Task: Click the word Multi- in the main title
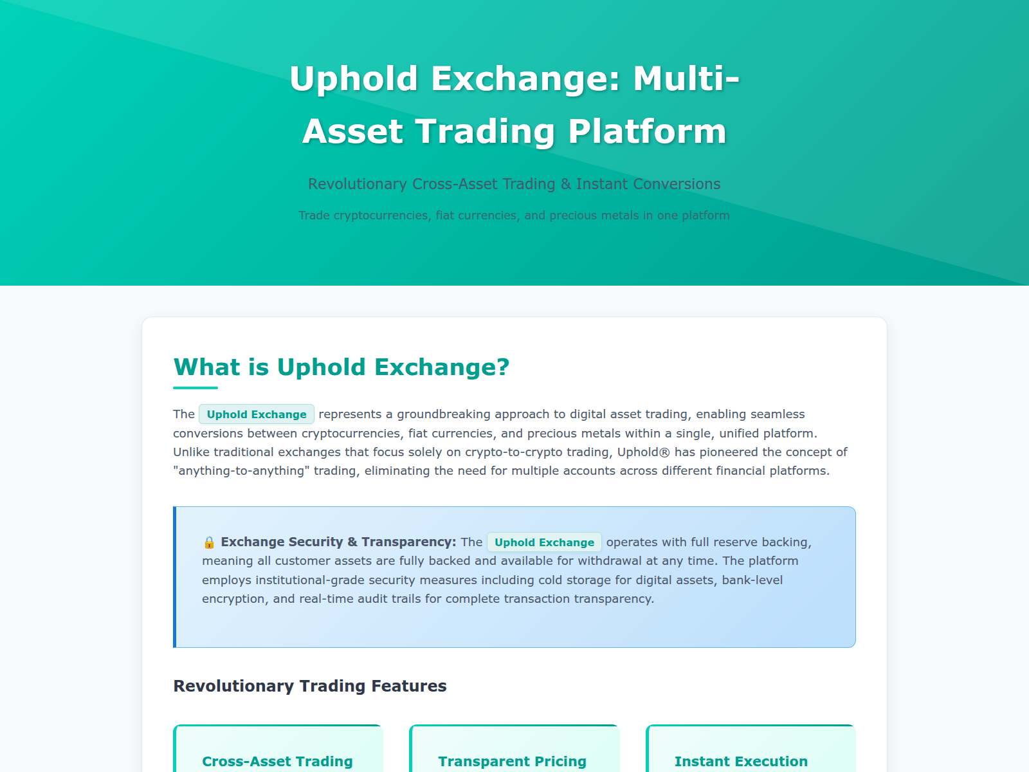(x=686, y=78)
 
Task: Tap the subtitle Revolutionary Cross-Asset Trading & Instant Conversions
(x=514, y=184)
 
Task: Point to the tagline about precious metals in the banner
(x=514, y=215)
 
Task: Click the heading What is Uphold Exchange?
(x=341, y=367)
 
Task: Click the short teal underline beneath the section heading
(x=196, y=388)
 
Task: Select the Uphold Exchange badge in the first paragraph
(x=257, y=414)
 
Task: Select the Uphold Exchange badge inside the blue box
(x=544, y=542)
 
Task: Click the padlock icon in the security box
(x=209, y=542)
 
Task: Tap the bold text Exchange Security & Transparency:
(x=338, y=542)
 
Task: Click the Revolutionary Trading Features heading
(x=310, y=686)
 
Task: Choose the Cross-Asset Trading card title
(x=277, y=761)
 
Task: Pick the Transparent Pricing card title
(x=513, y=761)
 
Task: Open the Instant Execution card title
(x=741, y=761)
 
